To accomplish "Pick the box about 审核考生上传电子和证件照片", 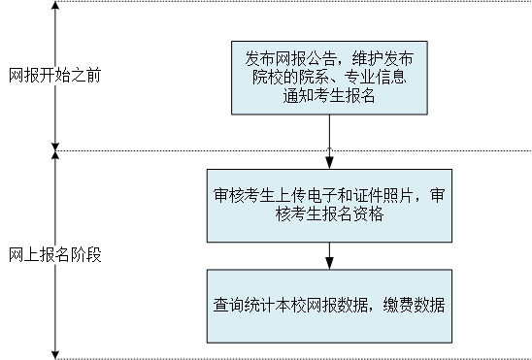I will point(329,206).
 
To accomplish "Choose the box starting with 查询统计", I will point(329,306).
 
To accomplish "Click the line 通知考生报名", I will point(329,95).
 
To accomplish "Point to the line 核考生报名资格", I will point(329,215).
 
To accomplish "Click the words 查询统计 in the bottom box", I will point(245,306).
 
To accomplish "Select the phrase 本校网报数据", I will point(323,306).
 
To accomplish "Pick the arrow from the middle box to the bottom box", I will point(330,255).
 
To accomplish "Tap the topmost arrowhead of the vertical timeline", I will point(56,7).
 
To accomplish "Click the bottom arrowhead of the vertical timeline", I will point(56,352).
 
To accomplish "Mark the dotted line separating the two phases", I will point(291,150).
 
